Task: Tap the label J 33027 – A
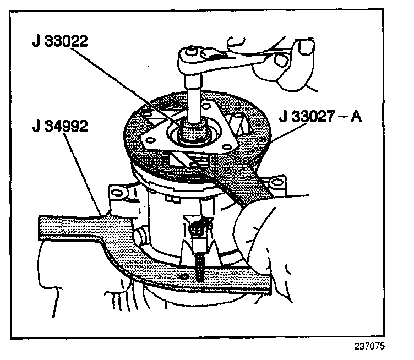[320, 117]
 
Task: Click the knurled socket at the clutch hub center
[194, 132]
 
